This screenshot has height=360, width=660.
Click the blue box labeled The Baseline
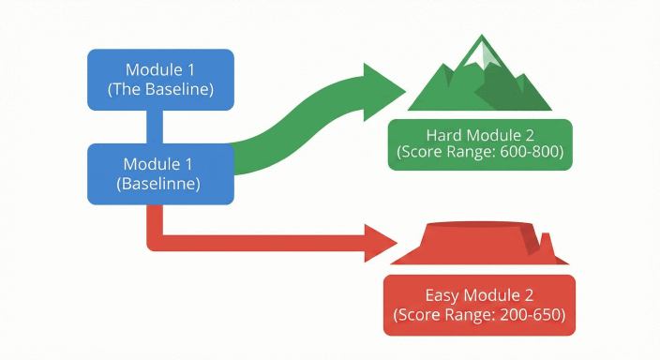(x=160, y=80)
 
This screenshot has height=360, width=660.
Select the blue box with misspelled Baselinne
(x=160, y=173)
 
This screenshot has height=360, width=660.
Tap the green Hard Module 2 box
(x=480, y=144)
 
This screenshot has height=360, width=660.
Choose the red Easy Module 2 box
(x=478, y=304)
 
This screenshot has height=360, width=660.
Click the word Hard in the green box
(x=443, y=133)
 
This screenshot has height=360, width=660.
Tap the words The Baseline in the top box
(x=160, y=90)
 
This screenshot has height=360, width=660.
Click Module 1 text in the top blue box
(x=160, y=70)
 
